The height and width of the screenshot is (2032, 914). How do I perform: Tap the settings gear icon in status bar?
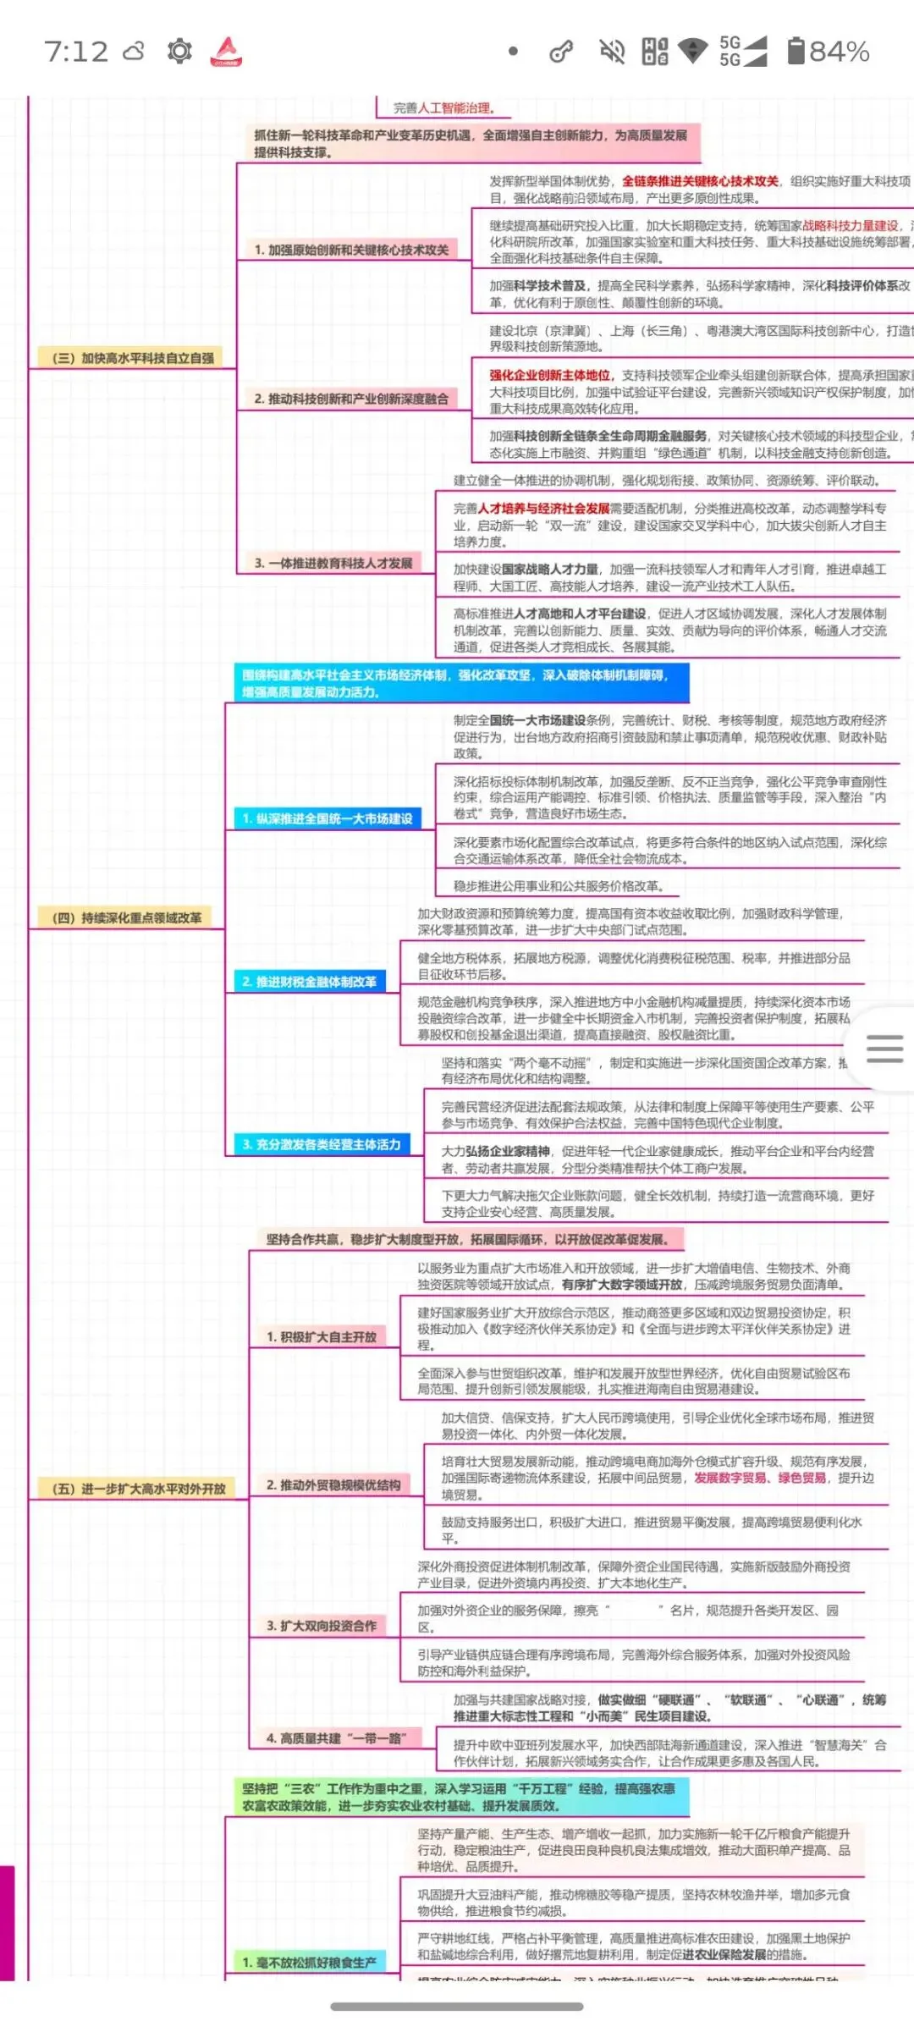click(x=179, y=52)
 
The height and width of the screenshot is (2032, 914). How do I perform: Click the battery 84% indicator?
click(x=828, y=52)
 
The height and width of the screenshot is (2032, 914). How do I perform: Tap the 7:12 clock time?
click(x=76, y=52)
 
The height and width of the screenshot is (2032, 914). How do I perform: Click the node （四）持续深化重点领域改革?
click(x=127, y=917)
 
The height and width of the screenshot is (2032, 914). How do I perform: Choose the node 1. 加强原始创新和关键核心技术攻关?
click(x=351, y=250)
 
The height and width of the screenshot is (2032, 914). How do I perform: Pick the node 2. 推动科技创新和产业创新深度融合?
click(x=351, y=399)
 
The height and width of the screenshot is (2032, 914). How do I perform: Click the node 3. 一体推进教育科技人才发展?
click(x=333, y=563)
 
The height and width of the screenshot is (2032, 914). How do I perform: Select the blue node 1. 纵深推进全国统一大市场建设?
click(x=328, y=818)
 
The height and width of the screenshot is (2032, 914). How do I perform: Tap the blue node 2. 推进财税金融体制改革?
click(x=310, y=982)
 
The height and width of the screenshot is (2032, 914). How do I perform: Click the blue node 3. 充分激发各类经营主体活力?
click(x=322, y=1144)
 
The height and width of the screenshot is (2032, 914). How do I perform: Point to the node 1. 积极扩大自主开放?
click(x=322, y=1337)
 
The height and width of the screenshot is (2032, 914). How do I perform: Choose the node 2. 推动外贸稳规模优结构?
click(x=333, y=1485)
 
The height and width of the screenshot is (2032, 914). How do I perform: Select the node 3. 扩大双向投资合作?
click(x=322, y=1626)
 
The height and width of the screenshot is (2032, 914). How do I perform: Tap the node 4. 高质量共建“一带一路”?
click(x=337, y=1739)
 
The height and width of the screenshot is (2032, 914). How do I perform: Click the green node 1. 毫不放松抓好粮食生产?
click(x=310, y=1963)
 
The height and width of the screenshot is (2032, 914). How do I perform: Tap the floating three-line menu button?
click(x=884, y=1049)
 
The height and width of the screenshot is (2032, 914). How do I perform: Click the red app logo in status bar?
click(x=226, y=52)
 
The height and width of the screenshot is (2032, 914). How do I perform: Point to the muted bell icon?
click(x=612, y=52)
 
